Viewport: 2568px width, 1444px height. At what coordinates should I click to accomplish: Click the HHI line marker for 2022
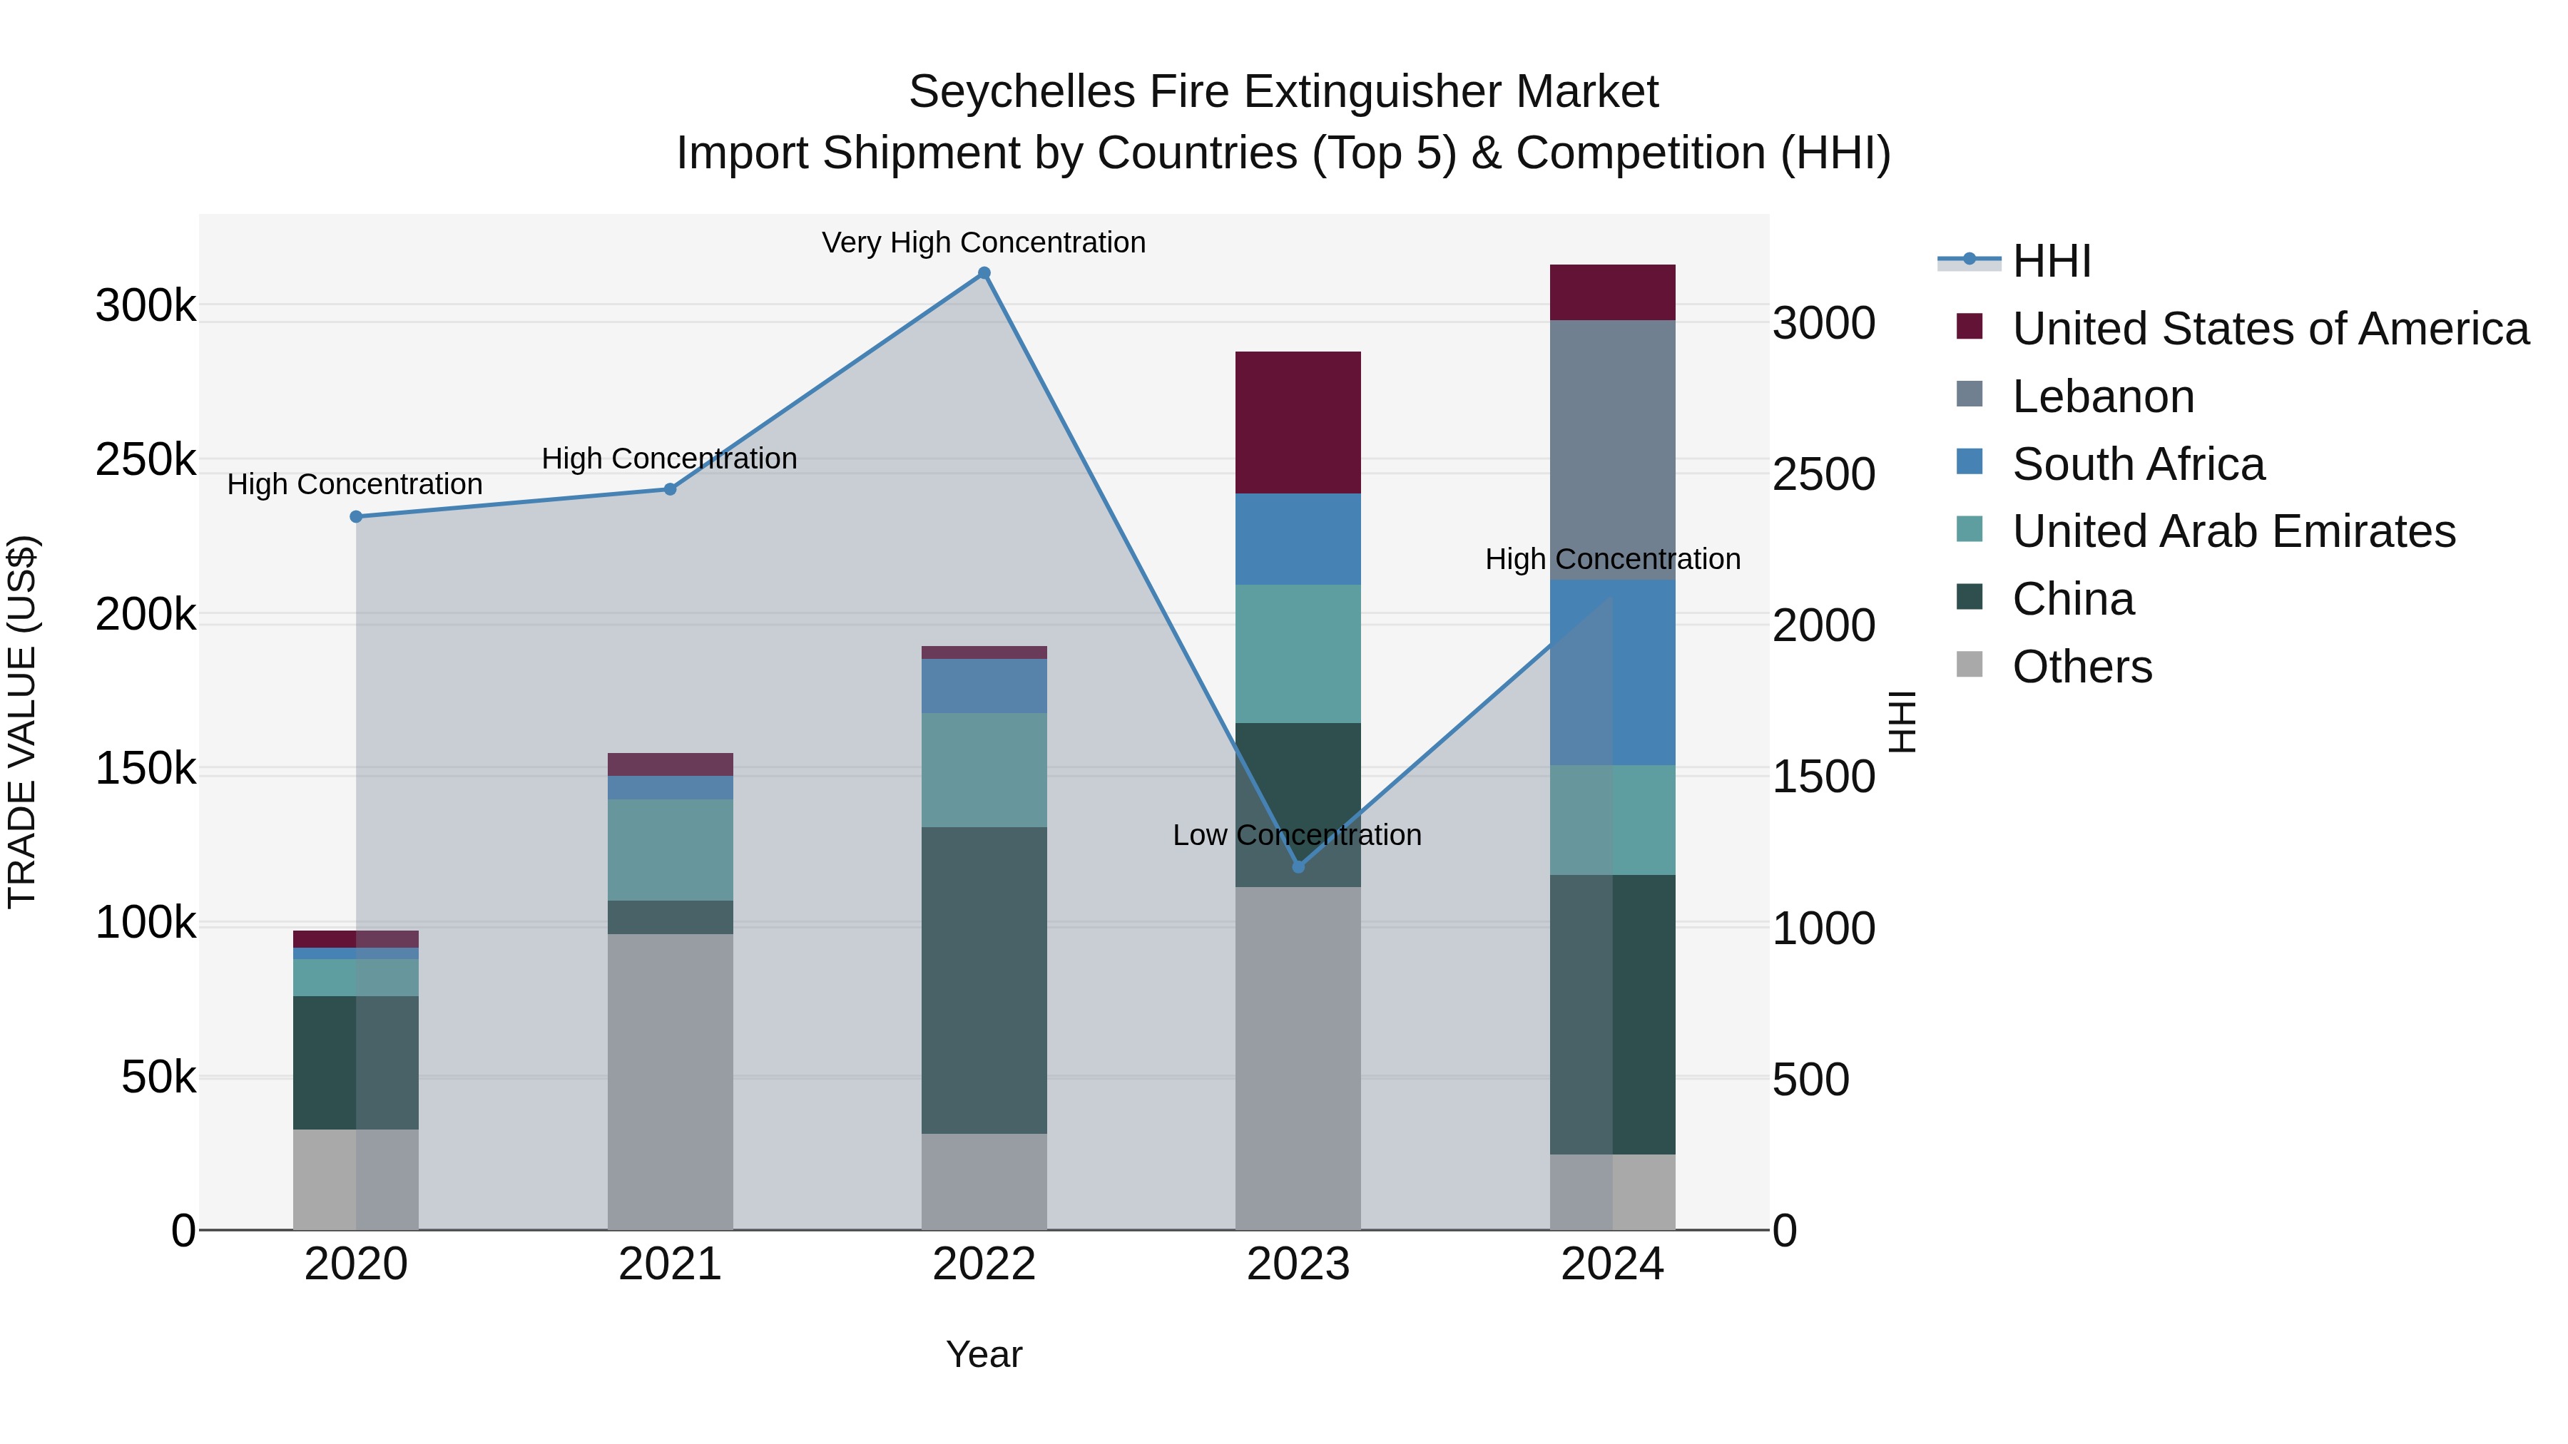click(984, 273)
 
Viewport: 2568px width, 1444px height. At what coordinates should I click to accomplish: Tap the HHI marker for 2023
click(1298, 867)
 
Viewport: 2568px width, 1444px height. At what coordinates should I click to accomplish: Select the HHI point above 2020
click(356, 516)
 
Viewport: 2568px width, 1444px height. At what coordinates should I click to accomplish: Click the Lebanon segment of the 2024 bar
click(1612, 449)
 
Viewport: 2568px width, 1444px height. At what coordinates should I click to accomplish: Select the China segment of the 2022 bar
click(984, 980)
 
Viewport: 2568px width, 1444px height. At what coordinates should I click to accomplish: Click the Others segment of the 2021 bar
click(670, 1081)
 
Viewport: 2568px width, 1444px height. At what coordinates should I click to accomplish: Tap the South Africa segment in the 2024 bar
click(1612, 672)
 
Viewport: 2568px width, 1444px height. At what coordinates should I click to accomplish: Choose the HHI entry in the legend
click(2051, 261)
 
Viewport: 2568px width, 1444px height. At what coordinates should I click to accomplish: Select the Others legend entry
click(2082, 667)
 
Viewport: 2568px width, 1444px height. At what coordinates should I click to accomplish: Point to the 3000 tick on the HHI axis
click(1823, 323)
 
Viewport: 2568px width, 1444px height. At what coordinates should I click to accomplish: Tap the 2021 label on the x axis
click(670, 1264)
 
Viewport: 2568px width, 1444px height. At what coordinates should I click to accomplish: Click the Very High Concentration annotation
click(983, 242)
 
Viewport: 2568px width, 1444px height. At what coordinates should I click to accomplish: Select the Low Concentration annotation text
click(1296, 835)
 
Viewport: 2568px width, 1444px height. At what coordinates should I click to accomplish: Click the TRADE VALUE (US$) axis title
click(22, 722)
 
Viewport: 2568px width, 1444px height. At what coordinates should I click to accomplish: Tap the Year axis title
click(983, 1354)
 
